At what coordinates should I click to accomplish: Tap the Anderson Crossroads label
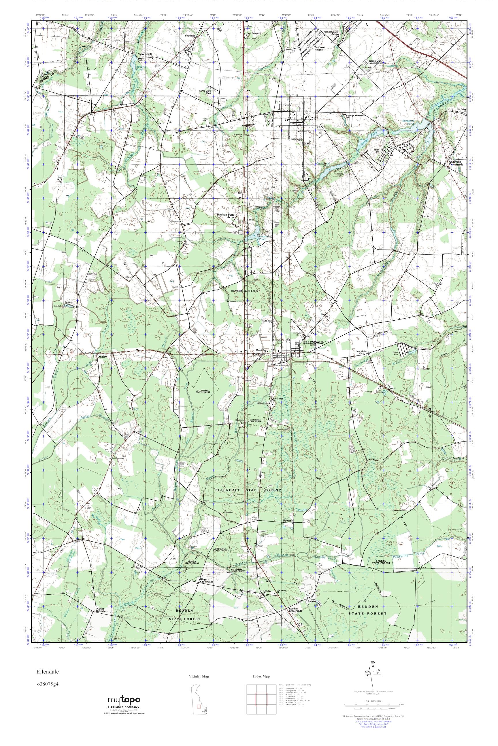(x=456, y=163)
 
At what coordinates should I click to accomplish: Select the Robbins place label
(x=287, y=521)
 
